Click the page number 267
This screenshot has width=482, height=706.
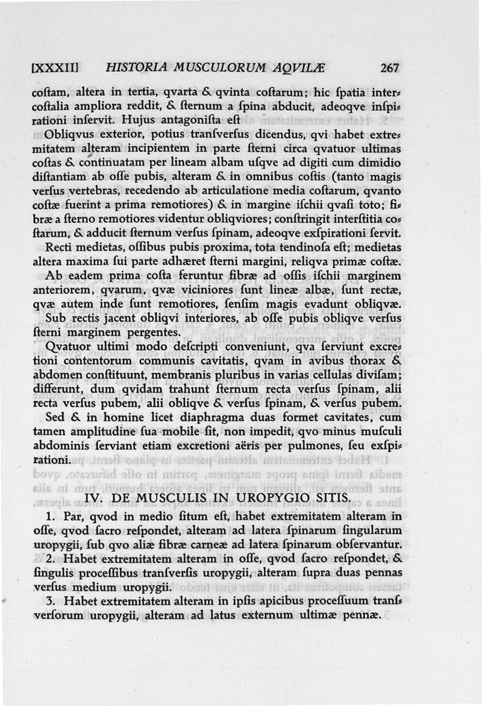click(390, 69)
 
